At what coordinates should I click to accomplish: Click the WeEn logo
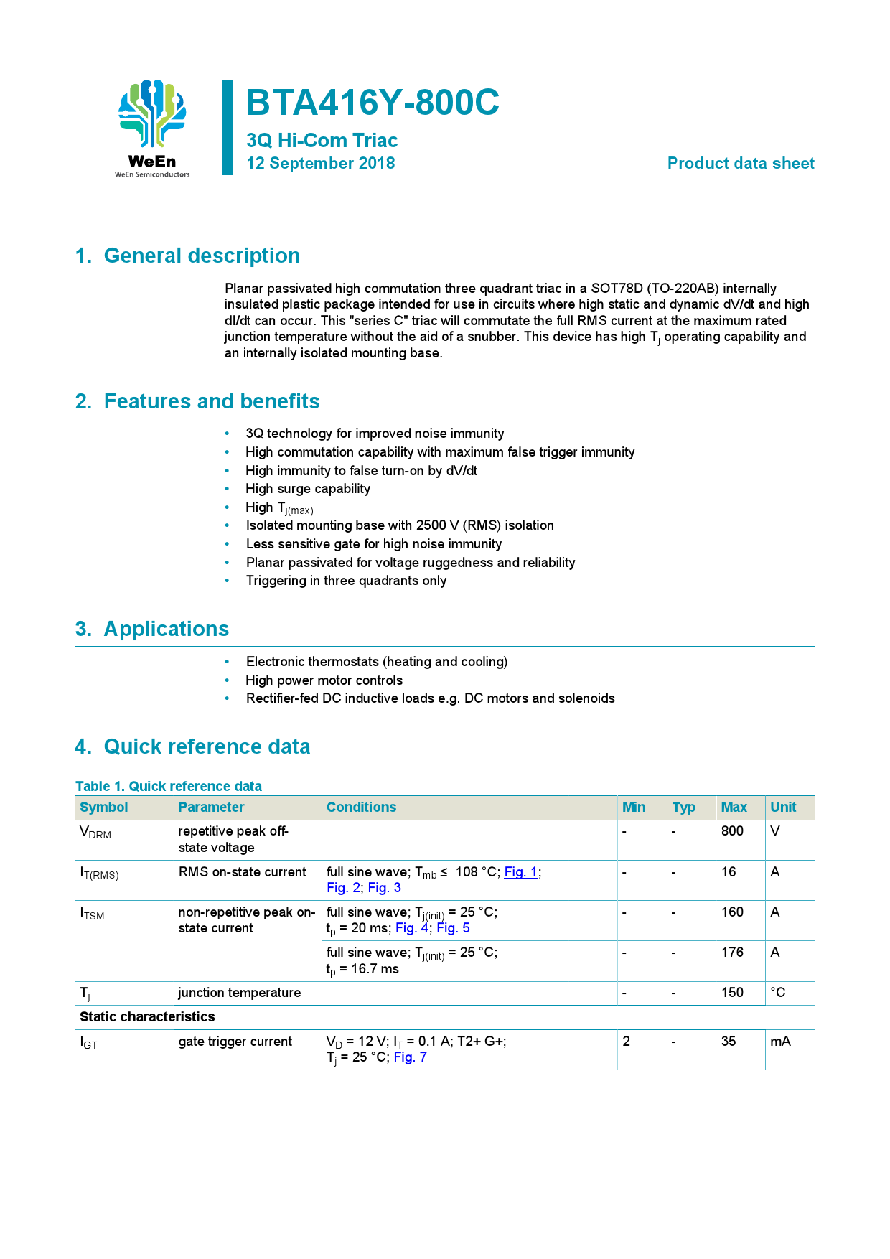pyautogui.click(x=152, y=128)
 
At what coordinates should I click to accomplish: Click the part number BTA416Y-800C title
pyautogui.click(x=372, y=103)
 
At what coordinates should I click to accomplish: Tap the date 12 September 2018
pyautogui.click(x=320, y=164)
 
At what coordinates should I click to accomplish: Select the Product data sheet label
pyautogui.click(x=740, y=164)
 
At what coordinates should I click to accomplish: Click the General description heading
pyautogui.click(x=202, y=256)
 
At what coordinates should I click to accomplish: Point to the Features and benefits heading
pyautogui.click(x=212, y=401)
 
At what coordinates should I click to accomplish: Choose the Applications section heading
pyautogui.click(x=166, y=629)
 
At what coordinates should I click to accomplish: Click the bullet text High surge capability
pyautogui.click(x=308, y=489)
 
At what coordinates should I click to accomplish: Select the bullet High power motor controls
pyautogui.click(x=324, y=680)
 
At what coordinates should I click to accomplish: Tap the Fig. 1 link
pyautogui.click(x=520, y=872)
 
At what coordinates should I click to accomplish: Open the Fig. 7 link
pyautogui.click(x=411, y=1057)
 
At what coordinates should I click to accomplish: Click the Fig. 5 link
pyautogui.click(x=453, y=928)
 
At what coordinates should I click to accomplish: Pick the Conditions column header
pyautogui.click(x=361, y=808)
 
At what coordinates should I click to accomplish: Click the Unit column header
pyautogui.click(x=783, y=808)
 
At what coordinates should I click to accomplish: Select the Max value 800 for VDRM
pyautogui.click(x=732, y=831)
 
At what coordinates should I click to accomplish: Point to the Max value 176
pyautogui.click(x=732, y=953)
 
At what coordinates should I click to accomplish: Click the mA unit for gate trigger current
pyautogui.click(x=780, y=1042)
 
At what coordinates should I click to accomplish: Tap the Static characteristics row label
pyautogui.click(x=147, y=1017)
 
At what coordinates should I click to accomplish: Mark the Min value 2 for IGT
pyautogui.click(x=627, y=1042)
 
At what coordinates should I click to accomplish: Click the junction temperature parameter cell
pyautogui.click(x=239, y=993)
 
